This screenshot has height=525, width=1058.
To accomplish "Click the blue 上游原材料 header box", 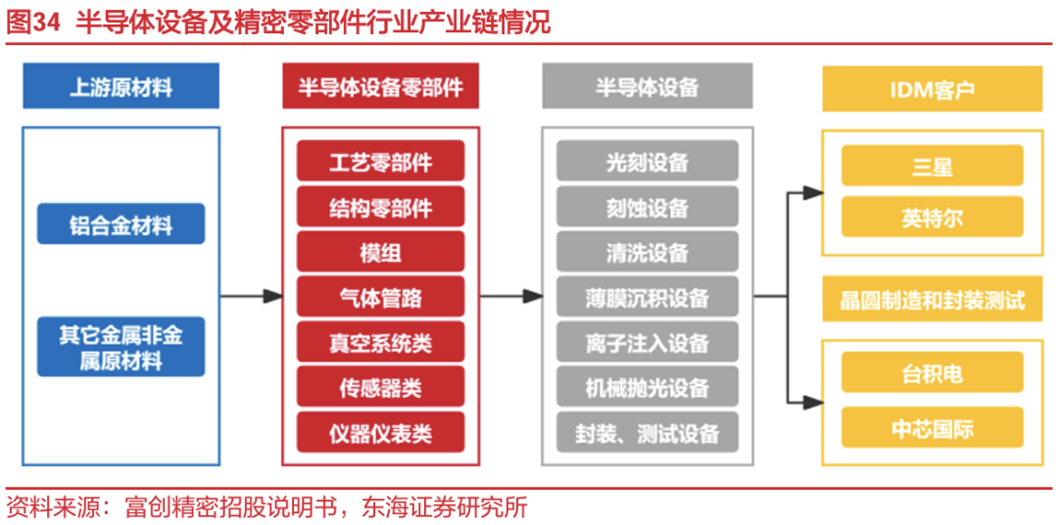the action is [120, 86].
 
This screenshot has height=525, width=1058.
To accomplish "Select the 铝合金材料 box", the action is [120, 224].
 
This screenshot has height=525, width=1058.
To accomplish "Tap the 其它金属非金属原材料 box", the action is [120, 347].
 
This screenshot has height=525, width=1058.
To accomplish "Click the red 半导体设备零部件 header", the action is [380, 86].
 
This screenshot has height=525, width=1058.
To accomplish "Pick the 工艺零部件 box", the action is [380, 161].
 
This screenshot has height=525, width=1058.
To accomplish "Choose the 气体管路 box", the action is [380, 296].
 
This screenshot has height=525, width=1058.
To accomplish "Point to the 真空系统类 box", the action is [380, 342].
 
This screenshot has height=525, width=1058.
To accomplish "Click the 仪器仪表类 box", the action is [380, 432].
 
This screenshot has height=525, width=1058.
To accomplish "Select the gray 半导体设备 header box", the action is [648, 86].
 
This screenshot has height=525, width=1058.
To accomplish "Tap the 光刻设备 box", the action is [648, 161].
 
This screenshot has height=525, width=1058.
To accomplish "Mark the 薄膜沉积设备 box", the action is [648, 296].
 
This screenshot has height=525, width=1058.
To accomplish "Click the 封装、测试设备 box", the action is [648, 432].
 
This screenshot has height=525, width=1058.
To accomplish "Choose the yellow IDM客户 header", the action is [933, 88].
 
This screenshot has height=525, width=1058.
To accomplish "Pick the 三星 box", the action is [933, 166].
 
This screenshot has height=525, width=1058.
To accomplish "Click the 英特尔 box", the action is [933, 216].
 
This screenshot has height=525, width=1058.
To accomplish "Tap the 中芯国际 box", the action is [933, 427].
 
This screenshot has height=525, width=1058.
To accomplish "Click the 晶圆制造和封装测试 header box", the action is [933, 300].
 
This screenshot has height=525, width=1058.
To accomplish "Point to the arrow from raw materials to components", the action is [251, 296].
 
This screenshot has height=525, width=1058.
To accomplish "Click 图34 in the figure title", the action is [32, 24].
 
